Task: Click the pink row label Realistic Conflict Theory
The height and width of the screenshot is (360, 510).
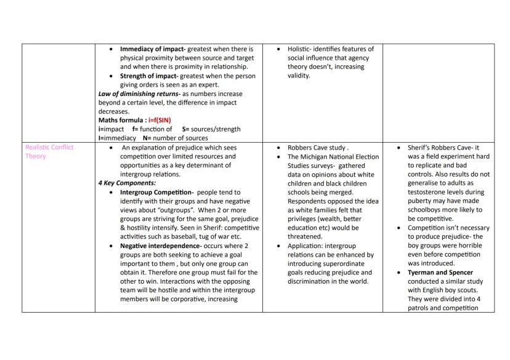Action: [49, 152]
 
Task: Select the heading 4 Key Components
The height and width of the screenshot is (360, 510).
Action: [127, 183]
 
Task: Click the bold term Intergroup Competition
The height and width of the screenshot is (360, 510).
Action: [156, 193]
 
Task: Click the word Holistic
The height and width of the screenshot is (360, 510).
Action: [301, 49]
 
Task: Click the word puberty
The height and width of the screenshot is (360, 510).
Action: [421, 201]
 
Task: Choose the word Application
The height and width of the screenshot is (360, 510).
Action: [307, 246]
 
